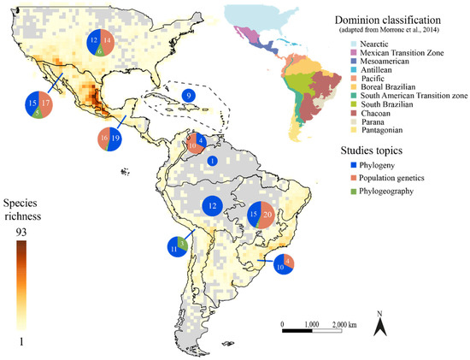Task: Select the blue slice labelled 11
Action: (173, 249)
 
